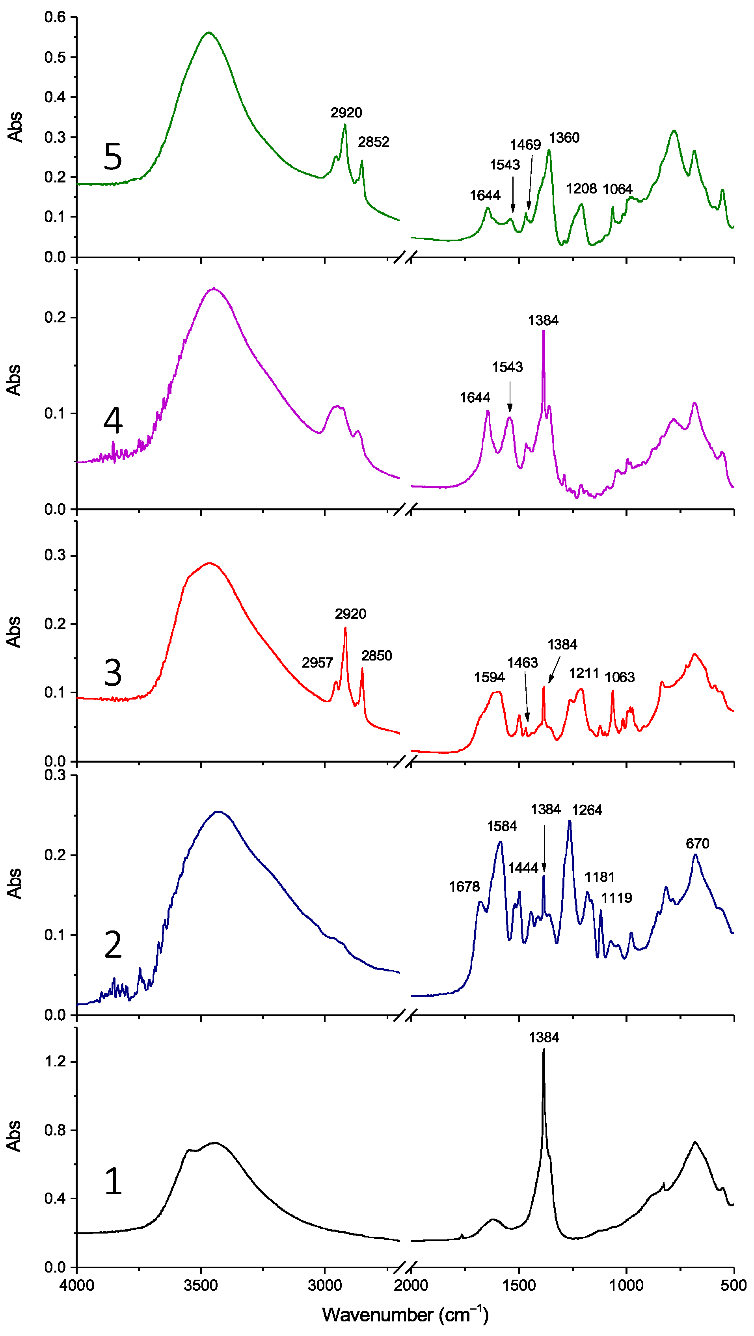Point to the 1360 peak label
tap(564, 138)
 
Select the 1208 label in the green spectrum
tap(581, 188)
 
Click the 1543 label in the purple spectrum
tap(507, 367)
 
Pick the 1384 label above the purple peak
tap(543, 320)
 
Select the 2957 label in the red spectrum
tap(317, 662)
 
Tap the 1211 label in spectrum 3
tap(584, 673)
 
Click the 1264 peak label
tap(587, 810)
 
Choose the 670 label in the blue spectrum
tap(698, 843)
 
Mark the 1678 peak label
tap(464, 886)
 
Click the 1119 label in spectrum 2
tap(616, 898)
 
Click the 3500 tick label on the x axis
tap(201, 1285)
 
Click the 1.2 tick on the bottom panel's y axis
tap(56, 1062)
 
